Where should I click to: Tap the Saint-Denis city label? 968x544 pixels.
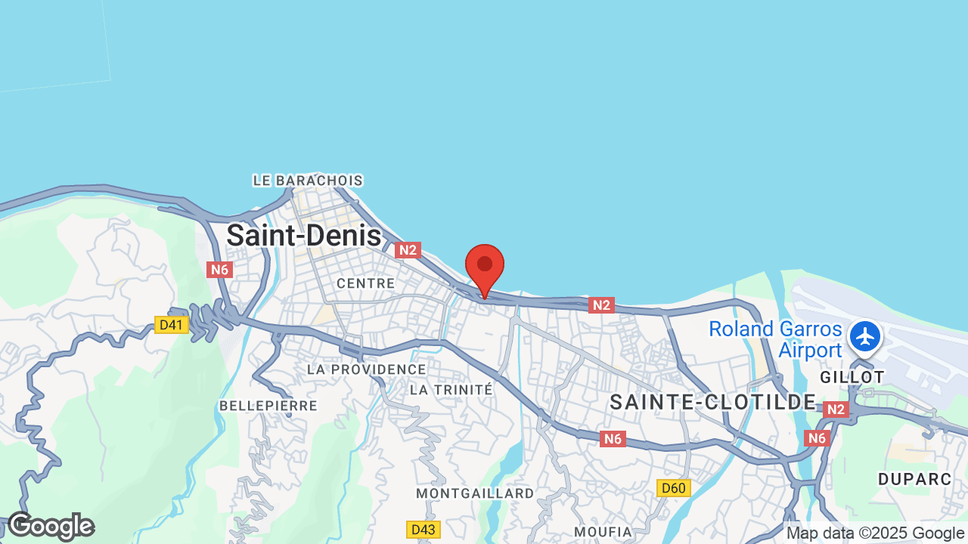click(304, 236)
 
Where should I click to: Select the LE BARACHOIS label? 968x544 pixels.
click(308, 181)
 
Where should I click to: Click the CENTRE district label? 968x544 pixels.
click(366, 283)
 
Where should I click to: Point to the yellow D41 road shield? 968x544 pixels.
click(170, 325)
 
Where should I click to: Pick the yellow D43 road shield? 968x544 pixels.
click(423, 530)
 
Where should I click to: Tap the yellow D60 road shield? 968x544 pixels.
click(673, 488)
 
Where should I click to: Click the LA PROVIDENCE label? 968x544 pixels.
click(367, 369)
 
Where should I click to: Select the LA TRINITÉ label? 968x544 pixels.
click(451, 390)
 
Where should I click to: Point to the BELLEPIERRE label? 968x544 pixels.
click(268, 406)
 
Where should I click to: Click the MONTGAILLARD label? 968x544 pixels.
click(475, 493)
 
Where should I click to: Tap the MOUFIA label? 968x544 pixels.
click(603, 532)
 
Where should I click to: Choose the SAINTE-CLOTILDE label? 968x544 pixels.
click(713, 403)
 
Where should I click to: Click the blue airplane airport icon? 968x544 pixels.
click(864, 336)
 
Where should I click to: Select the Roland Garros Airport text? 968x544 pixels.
click(775, 340)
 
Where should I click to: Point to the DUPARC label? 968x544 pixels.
click(904, 479)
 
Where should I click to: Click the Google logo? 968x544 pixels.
click(51, 526)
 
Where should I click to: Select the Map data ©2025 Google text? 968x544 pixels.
click(876, 533)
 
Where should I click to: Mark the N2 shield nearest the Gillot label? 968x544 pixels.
click(836, 410)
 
